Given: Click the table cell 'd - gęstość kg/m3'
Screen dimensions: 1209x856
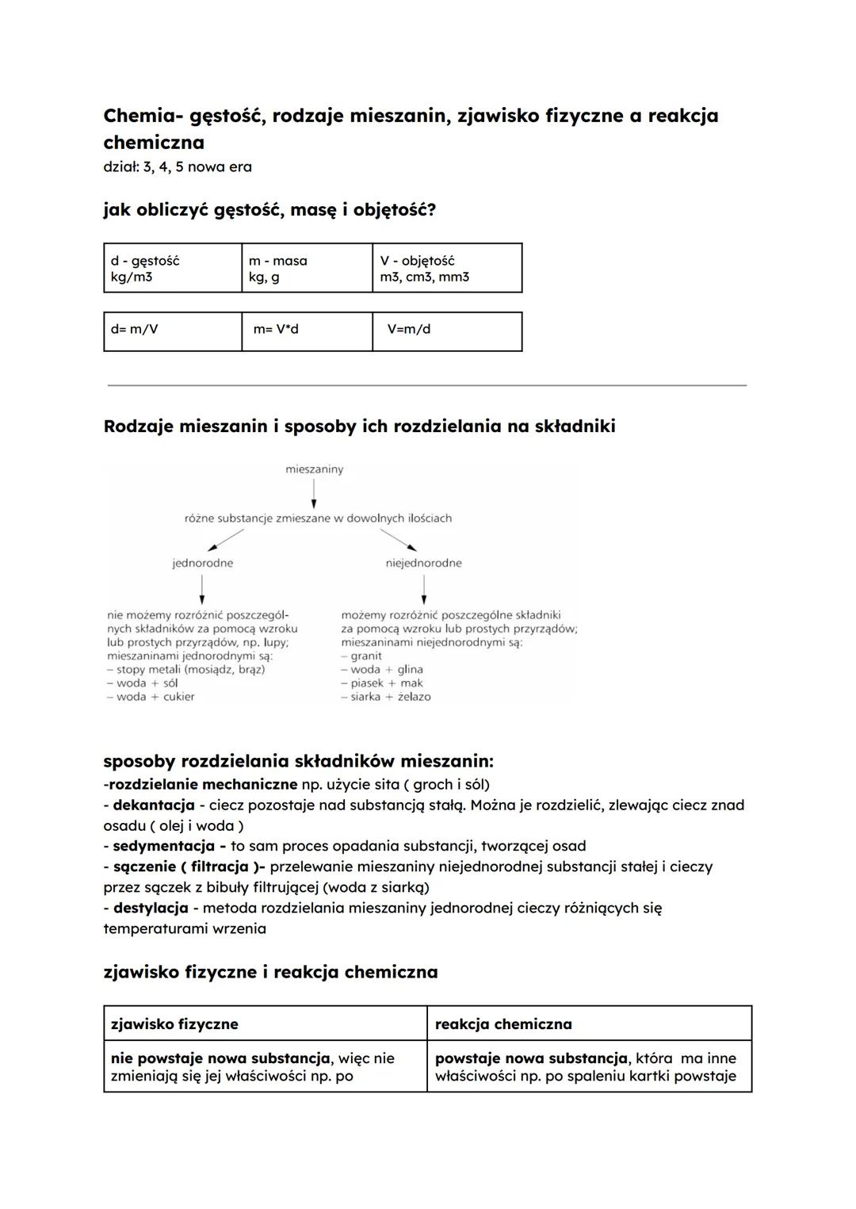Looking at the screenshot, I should pos(172,269).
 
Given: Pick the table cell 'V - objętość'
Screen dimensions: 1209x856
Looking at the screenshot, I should pos(446,269).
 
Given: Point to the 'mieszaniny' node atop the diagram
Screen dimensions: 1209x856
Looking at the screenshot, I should pos(315,469).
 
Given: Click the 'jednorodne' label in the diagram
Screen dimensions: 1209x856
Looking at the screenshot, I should pos(203,563).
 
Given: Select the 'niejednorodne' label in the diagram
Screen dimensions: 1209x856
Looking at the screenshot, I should pos(423,563).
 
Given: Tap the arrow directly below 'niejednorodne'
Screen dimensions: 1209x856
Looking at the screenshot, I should pos(424,589).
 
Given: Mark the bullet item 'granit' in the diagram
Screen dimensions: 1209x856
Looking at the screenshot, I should pos(365,656).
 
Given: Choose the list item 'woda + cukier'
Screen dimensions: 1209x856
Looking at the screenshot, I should pos(155,697).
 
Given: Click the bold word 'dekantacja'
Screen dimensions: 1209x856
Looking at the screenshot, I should pos(154,805).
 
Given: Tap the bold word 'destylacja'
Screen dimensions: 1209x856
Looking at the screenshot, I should pos(151,908).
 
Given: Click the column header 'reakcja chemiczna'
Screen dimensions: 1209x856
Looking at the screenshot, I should pos(503,1023).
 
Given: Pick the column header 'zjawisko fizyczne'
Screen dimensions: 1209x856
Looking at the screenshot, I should pos(174,1023).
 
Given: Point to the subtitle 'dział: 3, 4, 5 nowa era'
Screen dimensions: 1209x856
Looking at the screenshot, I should pos(178,166).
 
